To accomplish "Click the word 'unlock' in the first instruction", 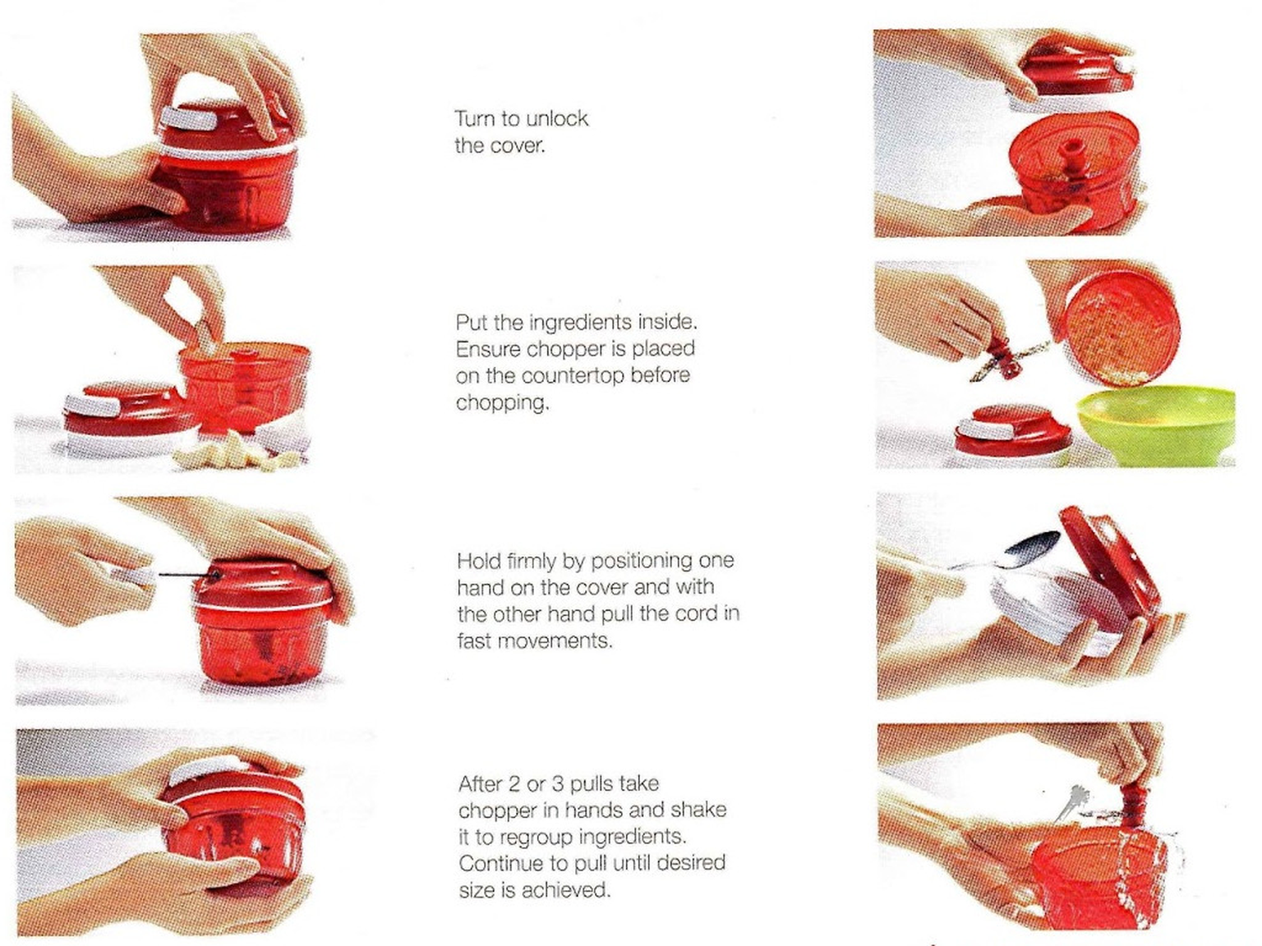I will [556, 119].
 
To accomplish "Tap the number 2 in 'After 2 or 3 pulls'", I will [513, 783].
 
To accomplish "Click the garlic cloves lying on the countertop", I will [234, 454].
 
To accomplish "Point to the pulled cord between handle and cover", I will [182, 575].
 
